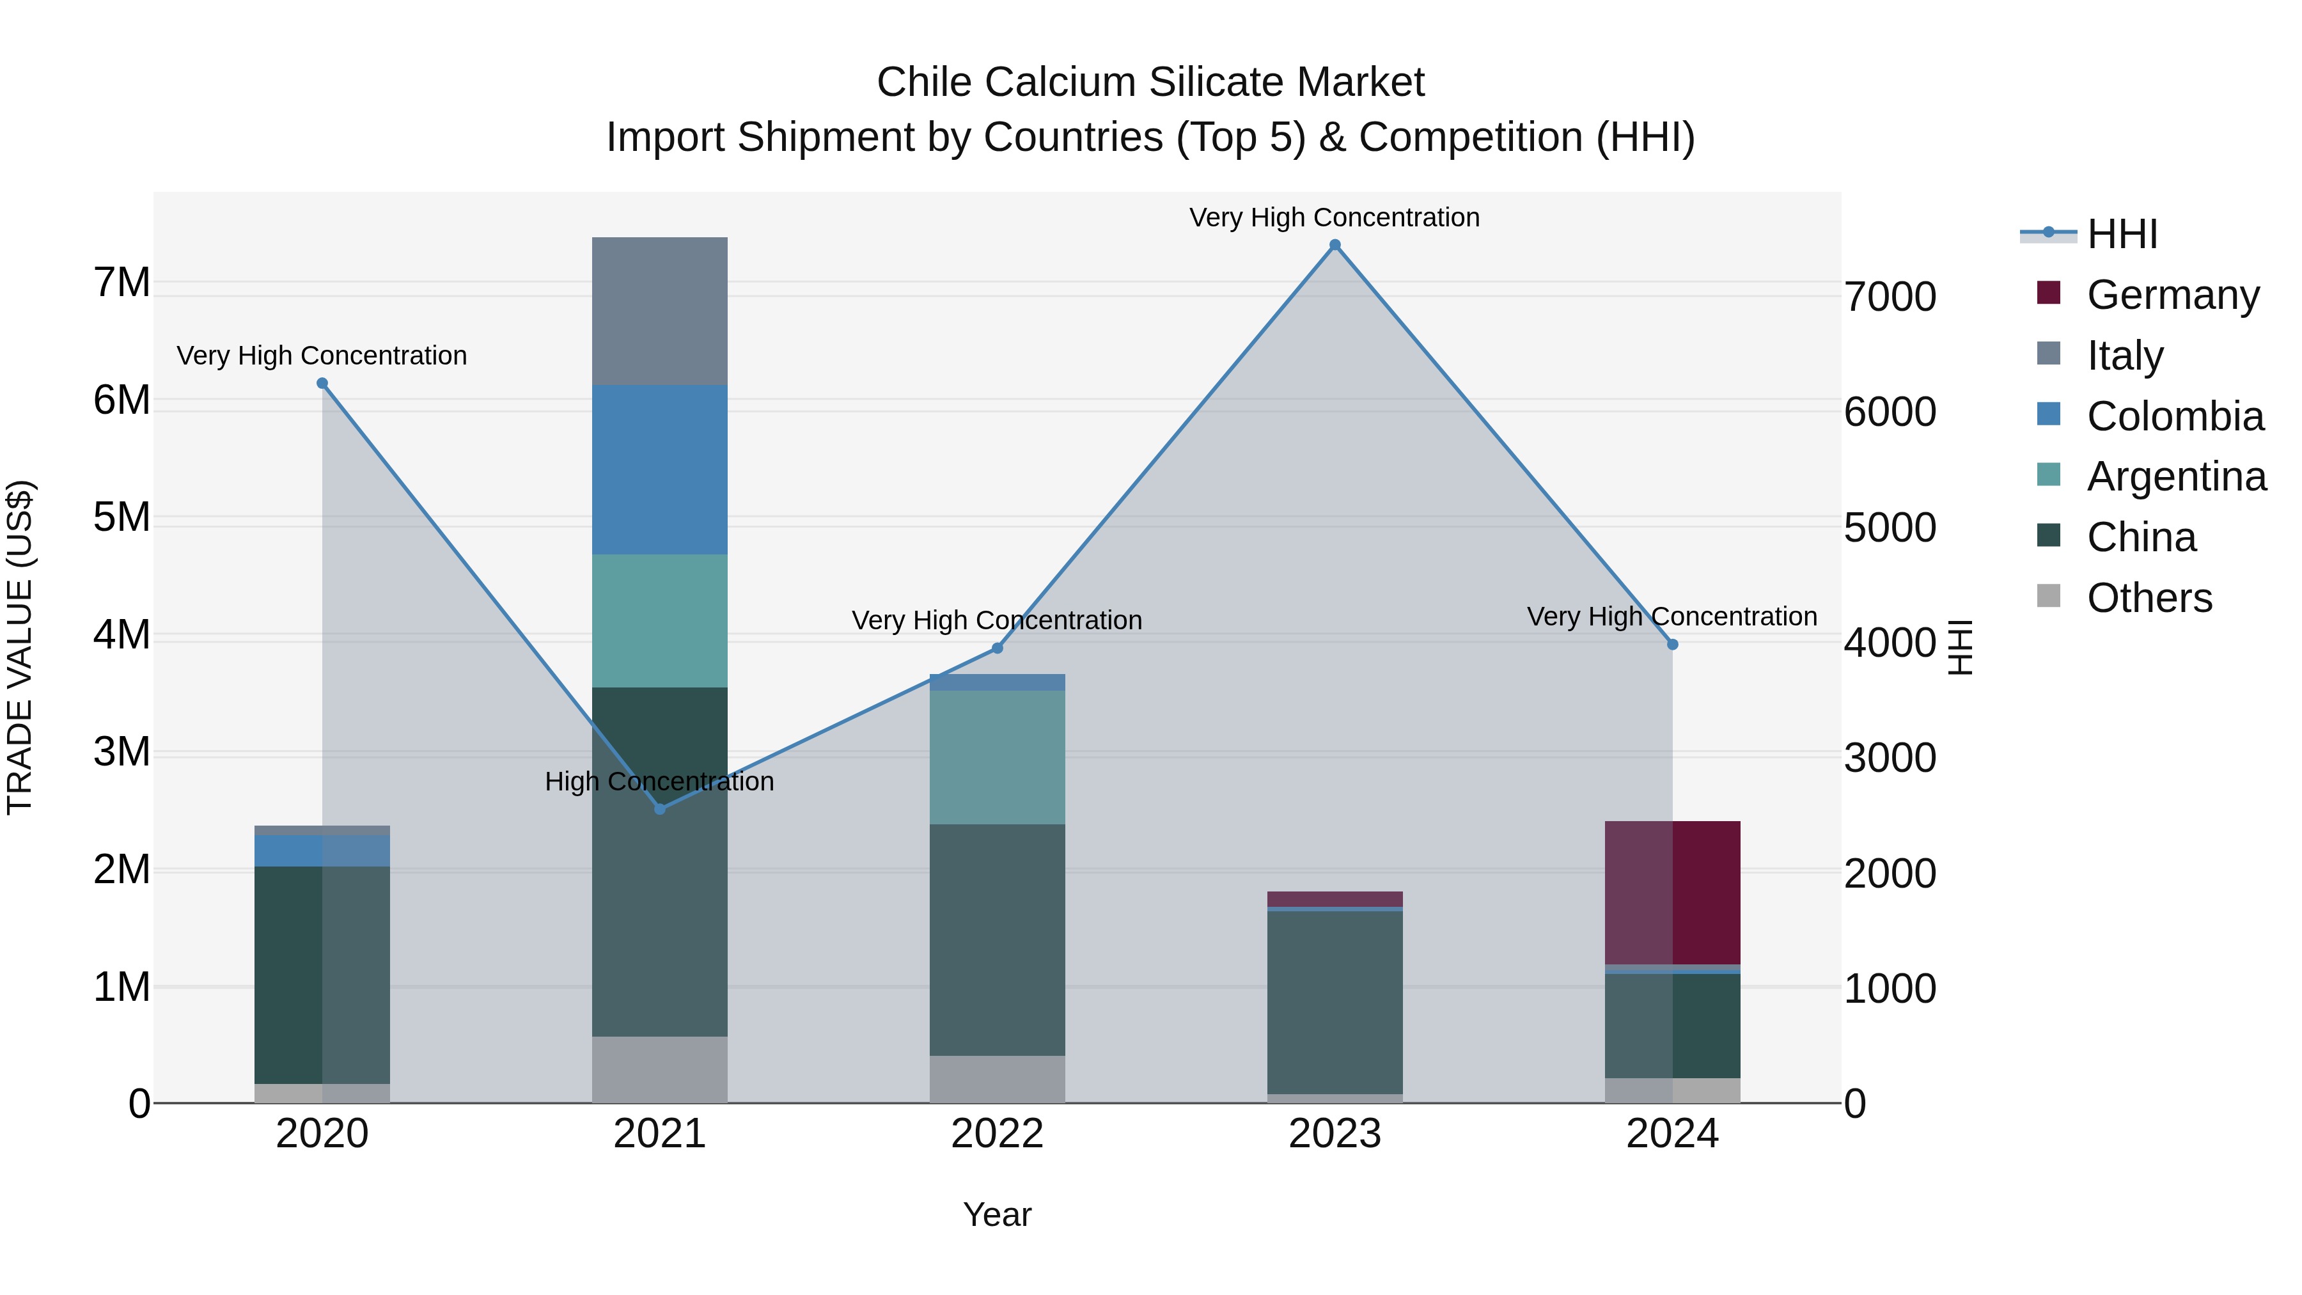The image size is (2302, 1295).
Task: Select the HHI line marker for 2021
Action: (659, 809)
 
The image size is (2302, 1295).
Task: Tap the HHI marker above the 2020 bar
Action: (323, 384)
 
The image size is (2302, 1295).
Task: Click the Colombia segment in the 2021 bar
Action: (659, 469)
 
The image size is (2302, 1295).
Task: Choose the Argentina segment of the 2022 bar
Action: (998, 757)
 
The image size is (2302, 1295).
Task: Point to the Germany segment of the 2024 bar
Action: (1672, 892)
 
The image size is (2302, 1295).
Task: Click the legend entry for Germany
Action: (2172, 294)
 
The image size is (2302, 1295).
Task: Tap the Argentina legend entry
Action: (2175, 476)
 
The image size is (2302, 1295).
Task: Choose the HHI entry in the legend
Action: (2122, 234)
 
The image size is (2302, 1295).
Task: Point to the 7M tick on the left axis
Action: (121, 283)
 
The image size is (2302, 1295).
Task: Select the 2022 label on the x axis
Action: (998, 1134)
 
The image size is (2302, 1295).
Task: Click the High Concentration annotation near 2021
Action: (659, 781)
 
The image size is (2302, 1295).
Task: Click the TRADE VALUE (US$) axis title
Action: (20, 647)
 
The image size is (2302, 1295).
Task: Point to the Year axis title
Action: (998, 1214)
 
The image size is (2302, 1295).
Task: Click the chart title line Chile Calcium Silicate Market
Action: (1150, 82)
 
